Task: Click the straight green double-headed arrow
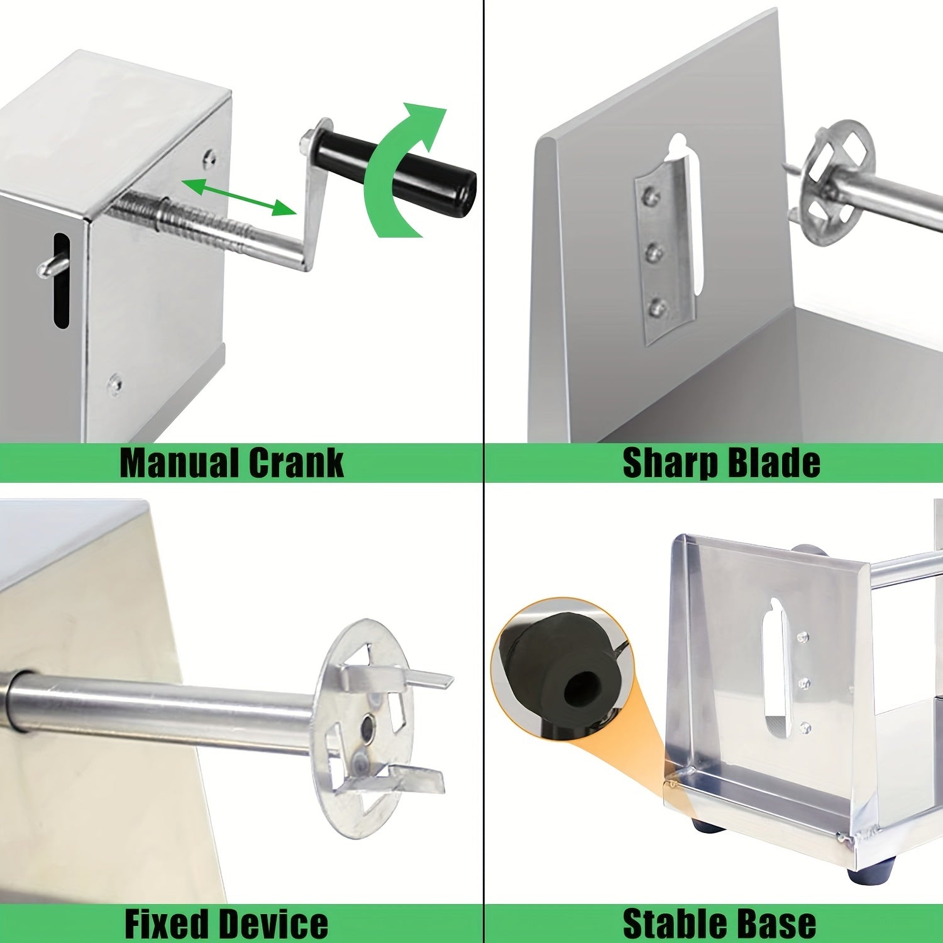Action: tap(239, 196)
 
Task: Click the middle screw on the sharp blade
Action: tap(654, 252)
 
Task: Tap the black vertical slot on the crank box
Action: tap(60, 280)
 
